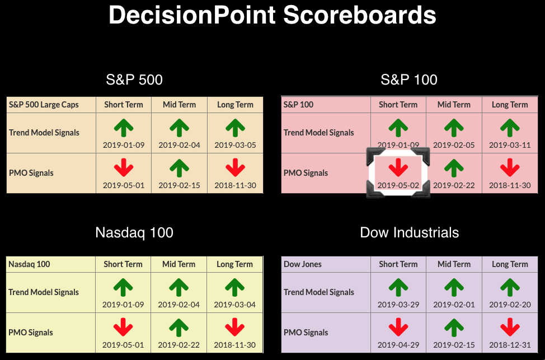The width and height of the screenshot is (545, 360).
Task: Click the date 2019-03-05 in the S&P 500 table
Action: (235, 145)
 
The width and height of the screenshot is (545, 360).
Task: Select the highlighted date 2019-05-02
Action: (398, 185)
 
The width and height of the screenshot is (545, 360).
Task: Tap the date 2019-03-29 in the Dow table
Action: (398, 305)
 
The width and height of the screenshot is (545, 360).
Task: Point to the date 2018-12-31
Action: (510, 345)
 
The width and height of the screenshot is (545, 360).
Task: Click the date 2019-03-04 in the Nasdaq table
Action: (234, 305)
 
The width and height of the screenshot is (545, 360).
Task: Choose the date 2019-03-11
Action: (510, 145)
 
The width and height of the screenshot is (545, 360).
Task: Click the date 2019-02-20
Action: (510, 305)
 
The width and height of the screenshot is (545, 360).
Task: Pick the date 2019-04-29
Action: (398, 345)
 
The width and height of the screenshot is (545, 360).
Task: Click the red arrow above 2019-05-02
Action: (398, 167)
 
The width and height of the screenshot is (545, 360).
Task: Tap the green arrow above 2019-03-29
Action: (398, 287)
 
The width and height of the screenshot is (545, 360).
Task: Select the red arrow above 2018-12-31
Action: (510, 328)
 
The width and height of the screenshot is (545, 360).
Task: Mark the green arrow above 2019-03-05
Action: (236, 128)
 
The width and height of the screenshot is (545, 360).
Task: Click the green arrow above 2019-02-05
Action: (454, 128)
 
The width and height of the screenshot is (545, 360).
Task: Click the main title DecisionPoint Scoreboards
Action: (272, 15)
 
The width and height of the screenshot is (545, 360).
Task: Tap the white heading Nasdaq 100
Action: (134, 232)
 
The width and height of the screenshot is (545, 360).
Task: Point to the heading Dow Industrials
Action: (410, 232)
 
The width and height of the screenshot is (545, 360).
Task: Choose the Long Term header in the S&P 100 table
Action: (510, 105)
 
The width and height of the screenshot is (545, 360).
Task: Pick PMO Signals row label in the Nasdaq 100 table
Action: (31, 333)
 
